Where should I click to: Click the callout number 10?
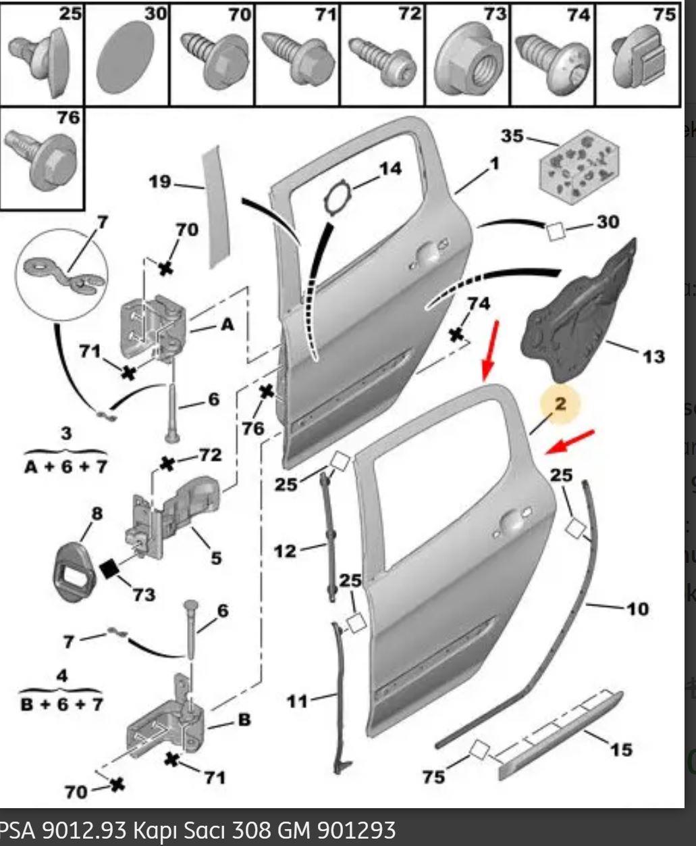point(637,609)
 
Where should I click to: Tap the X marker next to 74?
point(458,334)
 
